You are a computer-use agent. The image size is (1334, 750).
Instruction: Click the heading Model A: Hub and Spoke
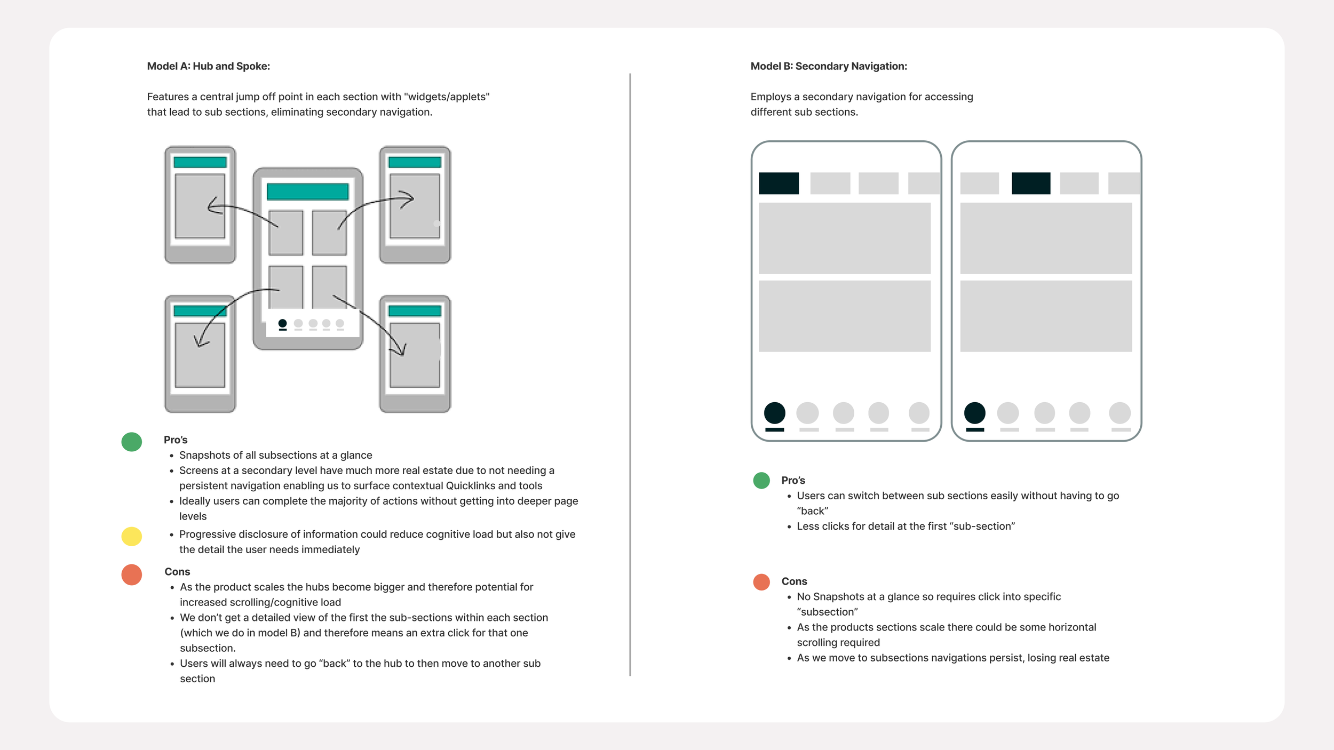coord(208,66)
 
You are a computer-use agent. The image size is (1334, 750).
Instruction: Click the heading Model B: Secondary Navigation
coord(828,66)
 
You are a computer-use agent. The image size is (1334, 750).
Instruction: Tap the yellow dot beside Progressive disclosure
coord(132,536)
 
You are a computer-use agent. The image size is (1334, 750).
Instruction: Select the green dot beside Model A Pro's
coord(132,442)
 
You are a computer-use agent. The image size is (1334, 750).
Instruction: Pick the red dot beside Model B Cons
coord(761,582)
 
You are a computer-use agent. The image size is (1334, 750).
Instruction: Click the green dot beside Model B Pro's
coord(761,481)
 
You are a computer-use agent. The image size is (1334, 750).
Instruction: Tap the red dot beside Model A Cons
coord(132,575)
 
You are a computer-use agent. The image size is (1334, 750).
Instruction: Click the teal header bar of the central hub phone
coord(307,192)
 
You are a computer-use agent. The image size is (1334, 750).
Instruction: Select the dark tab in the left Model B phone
coord(779,183)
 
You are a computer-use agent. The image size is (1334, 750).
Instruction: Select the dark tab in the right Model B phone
coord(1030,183)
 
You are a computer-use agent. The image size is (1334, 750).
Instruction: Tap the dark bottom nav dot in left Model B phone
coord(774,413)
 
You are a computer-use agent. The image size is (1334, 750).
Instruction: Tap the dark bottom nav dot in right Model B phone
coord(974,413)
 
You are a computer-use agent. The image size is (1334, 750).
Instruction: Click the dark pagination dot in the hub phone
coord(283,323)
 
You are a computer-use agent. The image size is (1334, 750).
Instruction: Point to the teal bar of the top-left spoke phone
coord(200,162)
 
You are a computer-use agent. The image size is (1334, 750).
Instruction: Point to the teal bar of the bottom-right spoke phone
coord(415,311)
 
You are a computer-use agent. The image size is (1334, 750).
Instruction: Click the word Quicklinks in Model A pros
coord(470,486)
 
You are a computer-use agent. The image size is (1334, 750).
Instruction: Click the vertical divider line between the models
coord(630,373)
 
